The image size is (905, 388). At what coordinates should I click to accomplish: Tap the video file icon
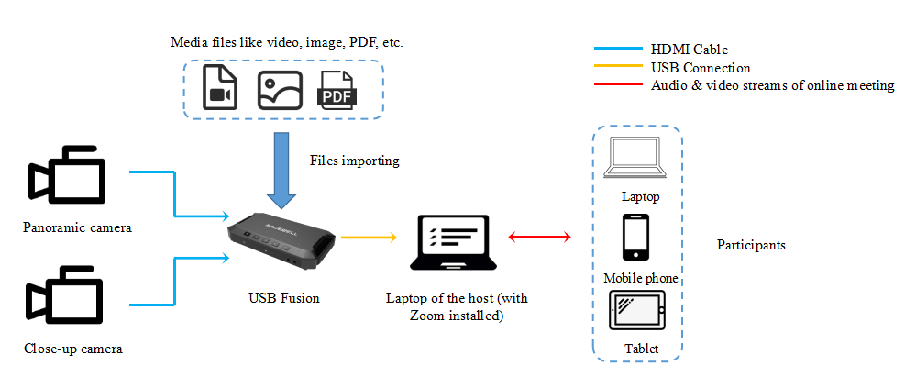(x=219, y=87)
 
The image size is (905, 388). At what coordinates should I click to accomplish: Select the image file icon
(x=280, y=88)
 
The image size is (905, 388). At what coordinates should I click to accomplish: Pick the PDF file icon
(x=337, y=89)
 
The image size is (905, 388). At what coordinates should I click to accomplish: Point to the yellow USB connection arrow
(x=367, y=237)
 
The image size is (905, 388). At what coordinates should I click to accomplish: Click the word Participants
(x=750, y=246)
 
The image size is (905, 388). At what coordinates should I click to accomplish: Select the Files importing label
(x=354, y=161)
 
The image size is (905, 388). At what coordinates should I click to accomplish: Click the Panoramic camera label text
(x=77, y=227)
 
